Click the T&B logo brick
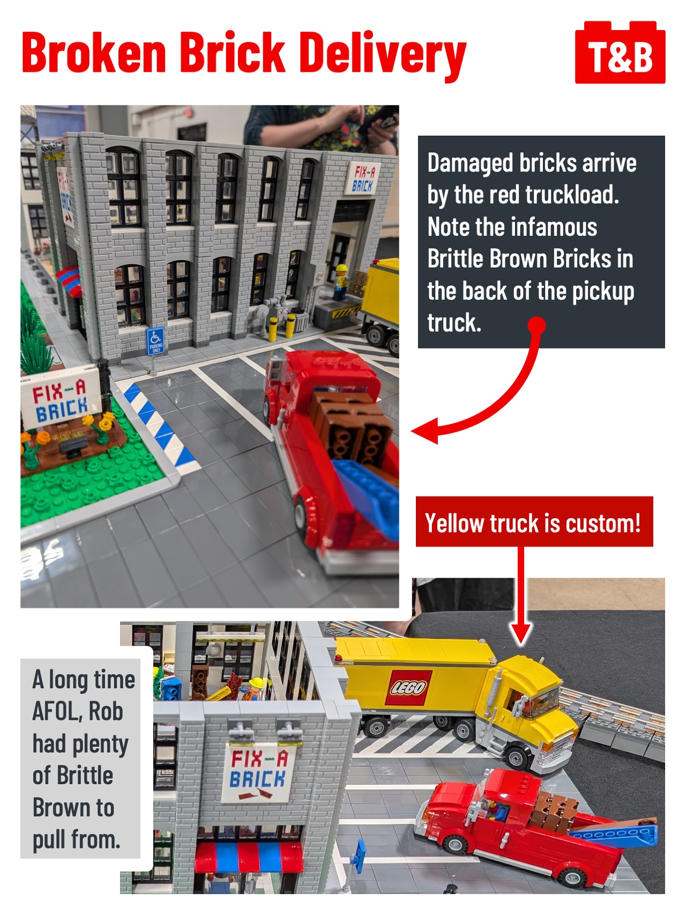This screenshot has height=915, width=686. tap(620, 53)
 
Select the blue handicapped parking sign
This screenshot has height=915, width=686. tap(155, 341)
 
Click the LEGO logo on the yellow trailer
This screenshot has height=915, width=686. tap(408, 687)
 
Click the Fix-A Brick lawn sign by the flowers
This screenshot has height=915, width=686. tap(61, 397)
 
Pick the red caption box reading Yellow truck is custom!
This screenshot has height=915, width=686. tap(534, 522)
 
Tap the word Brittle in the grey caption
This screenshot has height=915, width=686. tap(85, 776)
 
